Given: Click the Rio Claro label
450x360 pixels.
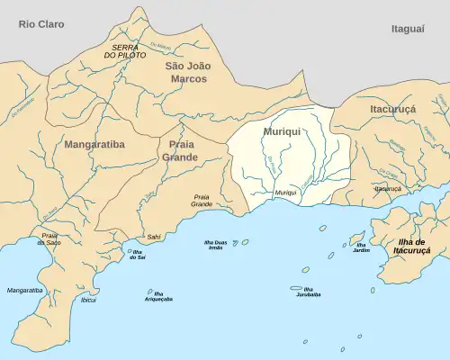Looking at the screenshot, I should [41, 24].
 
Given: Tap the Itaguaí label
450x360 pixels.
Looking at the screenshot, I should [408, 30].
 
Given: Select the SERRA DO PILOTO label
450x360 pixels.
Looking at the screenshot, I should [130, 50].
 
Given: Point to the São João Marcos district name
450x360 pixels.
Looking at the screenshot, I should [189, 72].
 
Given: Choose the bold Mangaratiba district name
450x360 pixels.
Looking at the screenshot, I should [94, 143].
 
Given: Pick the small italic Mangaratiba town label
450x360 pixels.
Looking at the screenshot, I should [24, 291].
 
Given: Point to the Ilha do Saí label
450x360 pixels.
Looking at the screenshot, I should [139, 256].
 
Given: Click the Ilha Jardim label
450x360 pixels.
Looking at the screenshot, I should [361, 247].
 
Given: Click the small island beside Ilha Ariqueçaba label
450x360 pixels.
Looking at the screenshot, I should [149, 291].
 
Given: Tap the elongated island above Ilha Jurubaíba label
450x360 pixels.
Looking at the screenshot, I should [295, 288].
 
